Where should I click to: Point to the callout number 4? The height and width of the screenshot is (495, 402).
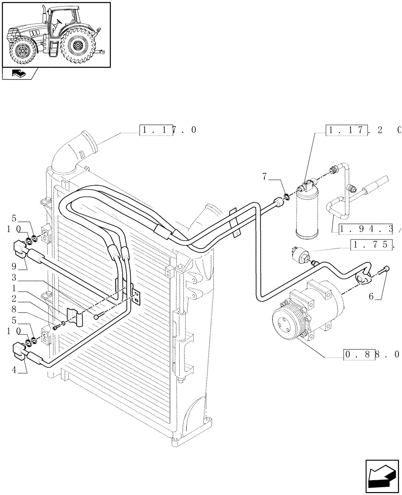coord(15,369)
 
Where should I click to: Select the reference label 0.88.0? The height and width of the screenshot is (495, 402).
coord(371,354)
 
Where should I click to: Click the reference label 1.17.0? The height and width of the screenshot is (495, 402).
coord(168,130)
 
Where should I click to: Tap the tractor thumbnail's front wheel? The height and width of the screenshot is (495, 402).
coord(22,50)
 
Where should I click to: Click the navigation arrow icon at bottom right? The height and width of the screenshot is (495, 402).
coord(382,478)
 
